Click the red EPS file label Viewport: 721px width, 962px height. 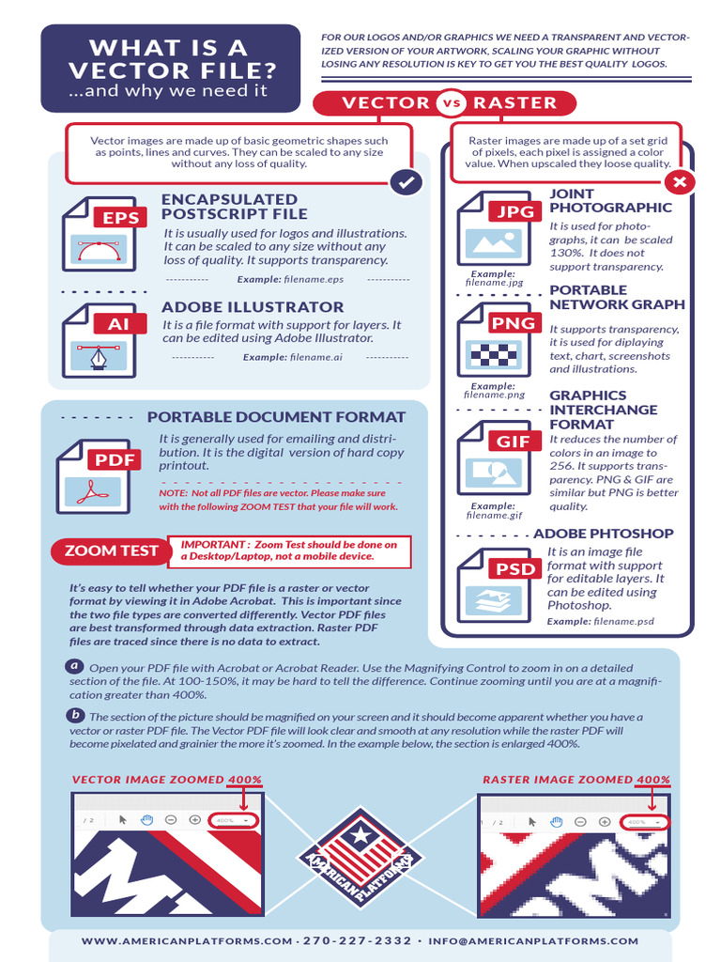[x=120, y=218]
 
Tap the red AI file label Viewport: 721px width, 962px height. [x=118, y=323]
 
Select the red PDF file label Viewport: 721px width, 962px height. [x=115, y=460]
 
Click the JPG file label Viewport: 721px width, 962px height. [x=514, y=211]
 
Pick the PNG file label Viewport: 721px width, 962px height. [x=514, y=323]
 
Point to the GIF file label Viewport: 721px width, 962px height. [x=514, y=442]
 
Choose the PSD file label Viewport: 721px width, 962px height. [x=515, y=568]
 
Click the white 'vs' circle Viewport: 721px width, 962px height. [x=452, y=103]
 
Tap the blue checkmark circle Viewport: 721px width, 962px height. [x=406, y=182]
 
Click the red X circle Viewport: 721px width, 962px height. [x=679, y=182]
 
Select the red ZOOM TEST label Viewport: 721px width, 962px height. [x=111, y=551]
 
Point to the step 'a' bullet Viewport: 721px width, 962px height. [x=75, y=666]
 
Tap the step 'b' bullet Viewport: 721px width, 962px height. [x=75, y=716]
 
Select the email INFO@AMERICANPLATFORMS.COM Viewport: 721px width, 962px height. [x=532, y=940]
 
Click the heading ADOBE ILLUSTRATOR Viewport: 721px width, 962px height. [x=253, y=307]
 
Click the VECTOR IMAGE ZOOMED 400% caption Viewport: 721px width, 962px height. [x=166, y=780]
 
